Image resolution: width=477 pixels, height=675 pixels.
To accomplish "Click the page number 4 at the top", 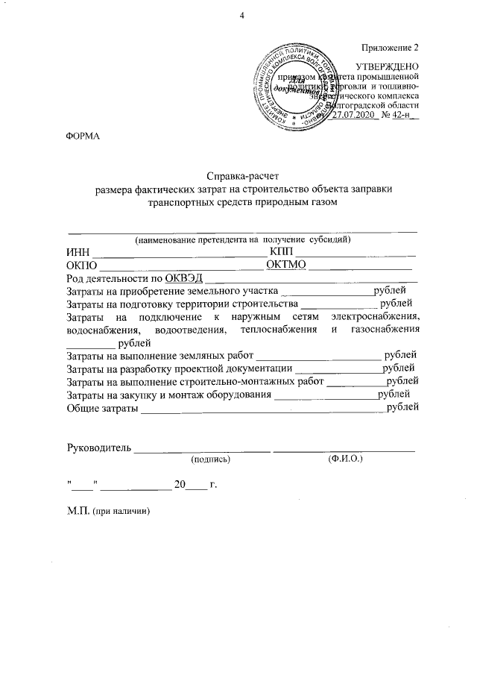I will pyautogui.click(x=241, y=16).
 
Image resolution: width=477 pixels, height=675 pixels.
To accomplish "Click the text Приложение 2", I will pyautogui.click(x=389, y=47).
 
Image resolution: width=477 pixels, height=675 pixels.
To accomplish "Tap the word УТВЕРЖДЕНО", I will pyautogui.click(x=388, y=66).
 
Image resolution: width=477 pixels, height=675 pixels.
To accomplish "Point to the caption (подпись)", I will pyautogui.click(x=211, y=460).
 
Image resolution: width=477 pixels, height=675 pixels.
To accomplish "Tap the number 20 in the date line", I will pyautogui.click(x=179, y=486).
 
